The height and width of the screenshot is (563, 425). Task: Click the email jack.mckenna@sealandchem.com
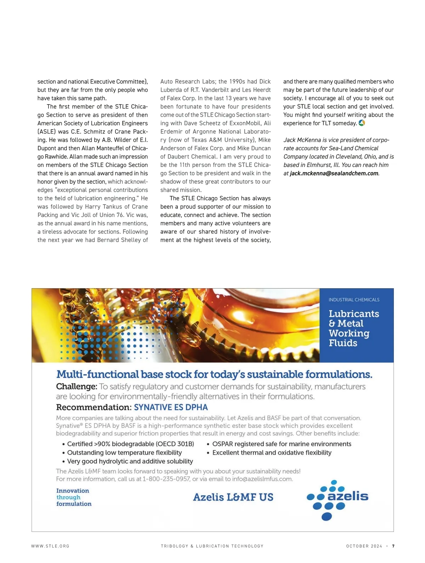(334, 173)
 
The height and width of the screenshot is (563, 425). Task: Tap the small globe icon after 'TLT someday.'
(362, 123)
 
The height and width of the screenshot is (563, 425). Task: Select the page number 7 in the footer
(393, 546)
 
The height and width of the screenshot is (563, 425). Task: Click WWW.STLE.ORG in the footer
(50, 546)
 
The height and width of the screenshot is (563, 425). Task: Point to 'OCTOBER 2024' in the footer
(364, 546)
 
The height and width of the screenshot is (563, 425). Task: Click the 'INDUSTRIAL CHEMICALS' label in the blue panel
(354, 300)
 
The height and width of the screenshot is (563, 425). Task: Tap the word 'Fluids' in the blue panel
(343, 343)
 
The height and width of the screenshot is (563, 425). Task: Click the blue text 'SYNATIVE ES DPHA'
(171, 407)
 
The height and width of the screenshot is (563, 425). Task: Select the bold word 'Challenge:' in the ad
(76, 386)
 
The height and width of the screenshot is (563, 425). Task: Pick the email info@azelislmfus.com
(262, 479)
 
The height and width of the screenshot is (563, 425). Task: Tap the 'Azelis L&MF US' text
(233, 497)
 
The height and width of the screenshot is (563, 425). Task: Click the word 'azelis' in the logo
(348, 496)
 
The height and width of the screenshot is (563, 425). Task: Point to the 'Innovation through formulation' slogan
(74, 497)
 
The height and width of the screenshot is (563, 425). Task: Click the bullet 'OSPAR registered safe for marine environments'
(282, 444)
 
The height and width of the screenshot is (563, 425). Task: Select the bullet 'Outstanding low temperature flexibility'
(124, 452)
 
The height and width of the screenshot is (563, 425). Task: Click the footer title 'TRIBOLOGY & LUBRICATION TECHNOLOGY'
(212, 546)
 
